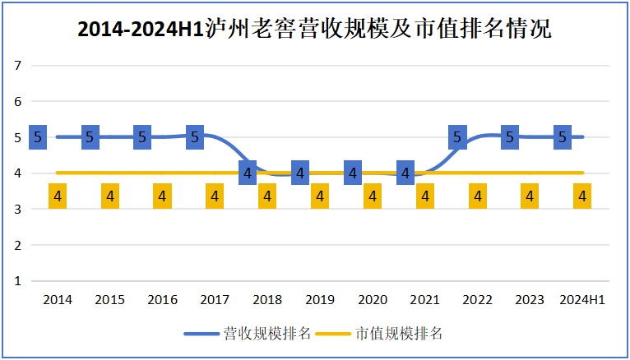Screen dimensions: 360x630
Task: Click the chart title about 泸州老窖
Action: (314, 30)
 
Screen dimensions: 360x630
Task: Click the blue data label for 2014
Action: (37, 137)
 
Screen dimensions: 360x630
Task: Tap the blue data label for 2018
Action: (248, 173)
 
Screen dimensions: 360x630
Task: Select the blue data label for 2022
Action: (457, 137)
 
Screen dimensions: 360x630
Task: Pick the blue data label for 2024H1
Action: (563, 137)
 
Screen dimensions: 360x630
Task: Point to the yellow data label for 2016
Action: (162, 196)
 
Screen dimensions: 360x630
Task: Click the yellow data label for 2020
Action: (373, 196)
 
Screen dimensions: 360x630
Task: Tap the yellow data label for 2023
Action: (530, 196)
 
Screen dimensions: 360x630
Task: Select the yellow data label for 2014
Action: (58, 196)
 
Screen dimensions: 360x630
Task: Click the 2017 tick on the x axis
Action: (215, 300)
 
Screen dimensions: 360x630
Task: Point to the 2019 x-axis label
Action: (320, 300)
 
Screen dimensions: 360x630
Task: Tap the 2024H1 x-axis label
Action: (582, 300)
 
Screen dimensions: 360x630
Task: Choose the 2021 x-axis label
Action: (425, 300)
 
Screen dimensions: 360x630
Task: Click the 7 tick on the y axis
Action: (17, 66)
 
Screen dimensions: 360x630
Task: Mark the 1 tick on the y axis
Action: (17, 281)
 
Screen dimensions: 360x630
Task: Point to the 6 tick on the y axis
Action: (17, 102)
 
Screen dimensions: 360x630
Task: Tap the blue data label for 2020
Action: (353, 173)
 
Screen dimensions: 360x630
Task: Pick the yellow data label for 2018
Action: (267, 196)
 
